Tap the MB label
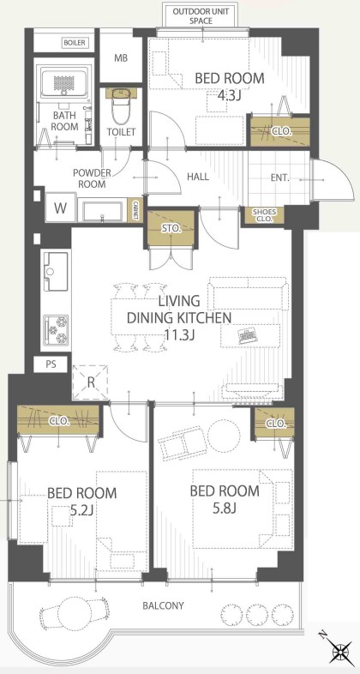121,58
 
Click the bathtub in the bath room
64,81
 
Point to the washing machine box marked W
61,208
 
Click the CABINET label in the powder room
135,211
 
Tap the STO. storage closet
171,230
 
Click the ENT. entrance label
279,178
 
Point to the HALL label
198,177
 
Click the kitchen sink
56,271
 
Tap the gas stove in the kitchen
56,329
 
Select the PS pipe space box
51,364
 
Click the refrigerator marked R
90,382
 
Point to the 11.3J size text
179,334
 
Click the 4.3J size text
229,95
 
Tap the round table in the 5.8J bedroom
224,436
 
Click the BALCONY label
163,606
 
